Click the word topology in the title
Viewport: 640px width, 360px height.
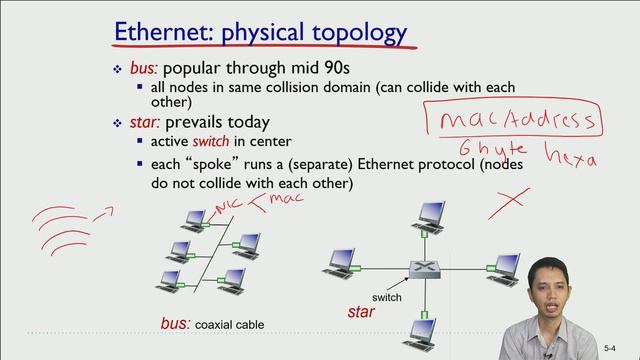(x=355, y=33)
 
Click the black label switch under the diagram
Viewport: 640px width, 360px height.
(x=386, y=298)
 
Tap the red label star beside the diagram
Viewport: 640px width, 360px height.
(x=360, y=313)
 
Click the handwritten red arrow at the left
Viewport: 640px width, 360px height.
(x=103, y=212)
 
